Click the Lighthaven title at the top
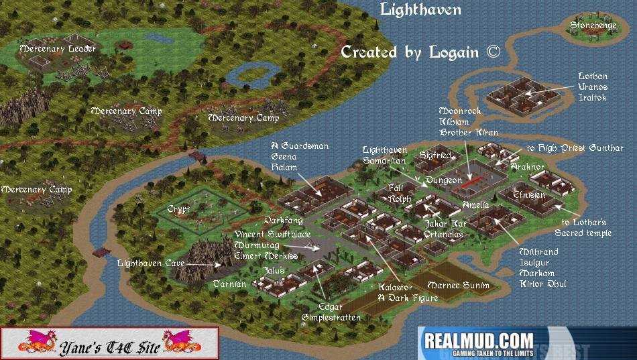click(x=420, y=9)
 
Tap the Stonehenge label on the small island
click(x=593, y=25)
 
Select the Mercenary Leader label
click(x=58, y=48)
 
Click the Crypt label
click(x=178, y=209)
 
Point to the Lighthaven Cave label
click(x=150, y=263)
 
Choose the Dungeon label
click(x=443, y=180)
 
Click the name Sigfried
click(x=435, y=156)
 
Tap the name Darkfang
click(x=283, y=220)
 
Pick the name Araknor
click(x=527, y=166)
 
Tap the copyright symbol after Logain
click(x=493, y=52)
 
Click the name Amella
click(x=475, y=204)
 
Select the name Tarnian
click(x=230, y=284)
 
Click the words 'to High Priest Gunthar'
click(x=575, y=148)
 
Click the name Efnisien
click(x=529, y=194)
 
